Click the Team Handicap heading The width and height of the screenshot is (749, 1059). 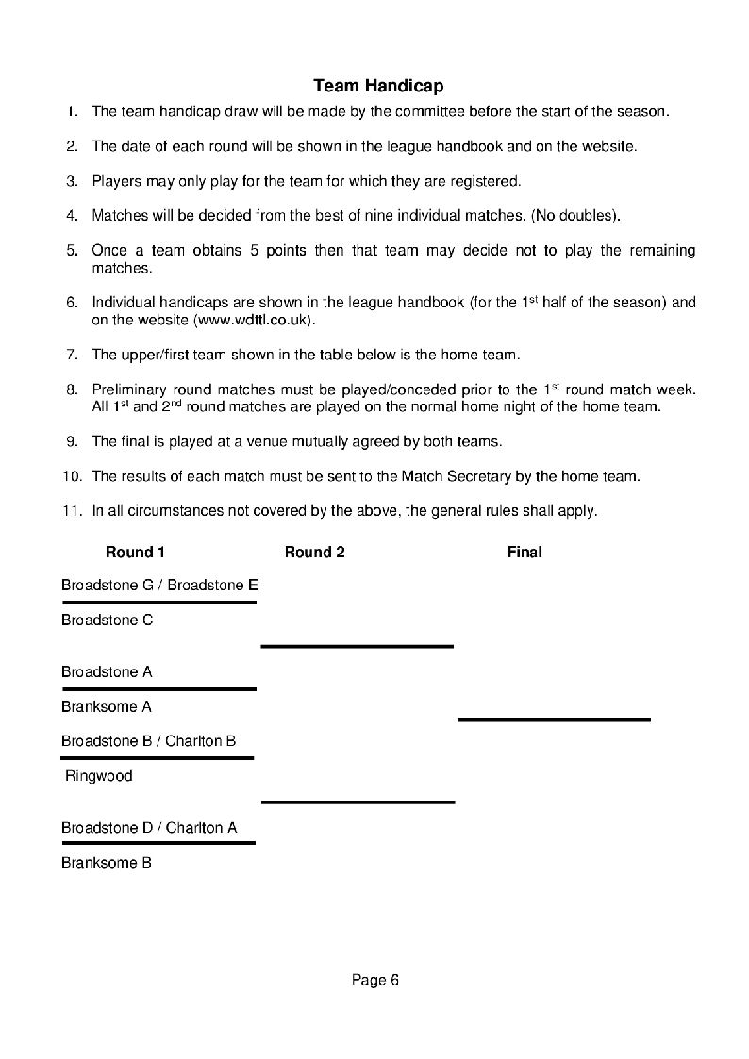click(x=378, y=86)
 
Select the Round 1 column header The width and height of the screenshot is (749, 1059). click(x=135, y=553)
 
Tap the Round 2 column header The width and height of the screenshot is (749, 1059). click(x=314, y=553)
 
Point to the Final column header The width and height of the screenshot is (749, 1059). click(x=524, y=553)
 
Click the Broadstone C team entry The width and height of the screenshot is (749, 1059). click(x=107, y=621)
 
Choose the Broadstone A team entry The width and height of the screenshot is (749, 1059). click(x=107, y=672)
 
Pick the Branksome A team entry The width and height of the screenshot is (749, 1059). click(x=106, y=706)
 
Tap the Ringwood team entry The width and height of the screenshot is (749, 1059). click(x=98, y=777)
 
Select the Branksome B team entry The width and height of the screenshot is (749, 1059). click(x=106, y=863)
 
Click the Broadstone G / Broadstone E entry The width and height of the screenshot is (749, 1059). click(x=159, y=586)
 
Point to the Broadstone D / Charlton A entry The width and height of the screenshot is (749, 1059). click(x=149, y=828)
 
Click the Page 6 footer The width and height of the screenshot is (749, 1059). click(x=375, y=980)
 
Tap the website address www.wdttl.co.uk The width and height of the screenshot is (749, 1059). click(x=252, y=321)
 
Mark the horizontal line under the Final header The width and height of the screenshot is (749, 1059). click(x=554, y=720)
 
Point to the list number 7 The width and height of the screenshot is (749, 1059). click(x=72, y=355)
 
